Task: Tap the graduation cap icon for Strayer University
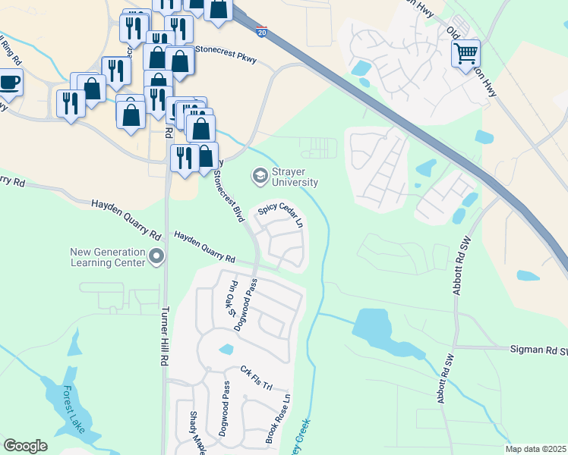[260, 176]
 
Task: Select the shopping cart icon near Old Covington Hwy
[465, 53]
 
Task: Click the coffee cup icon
[9, 81]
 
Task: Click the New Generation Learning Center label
[107, 257]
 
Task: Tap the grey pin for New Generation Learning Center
[157, 257]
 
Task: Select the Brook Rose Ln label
[277, 418]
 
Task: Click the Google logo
[25, 446]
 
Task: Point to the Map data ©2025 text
[535, 449]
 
